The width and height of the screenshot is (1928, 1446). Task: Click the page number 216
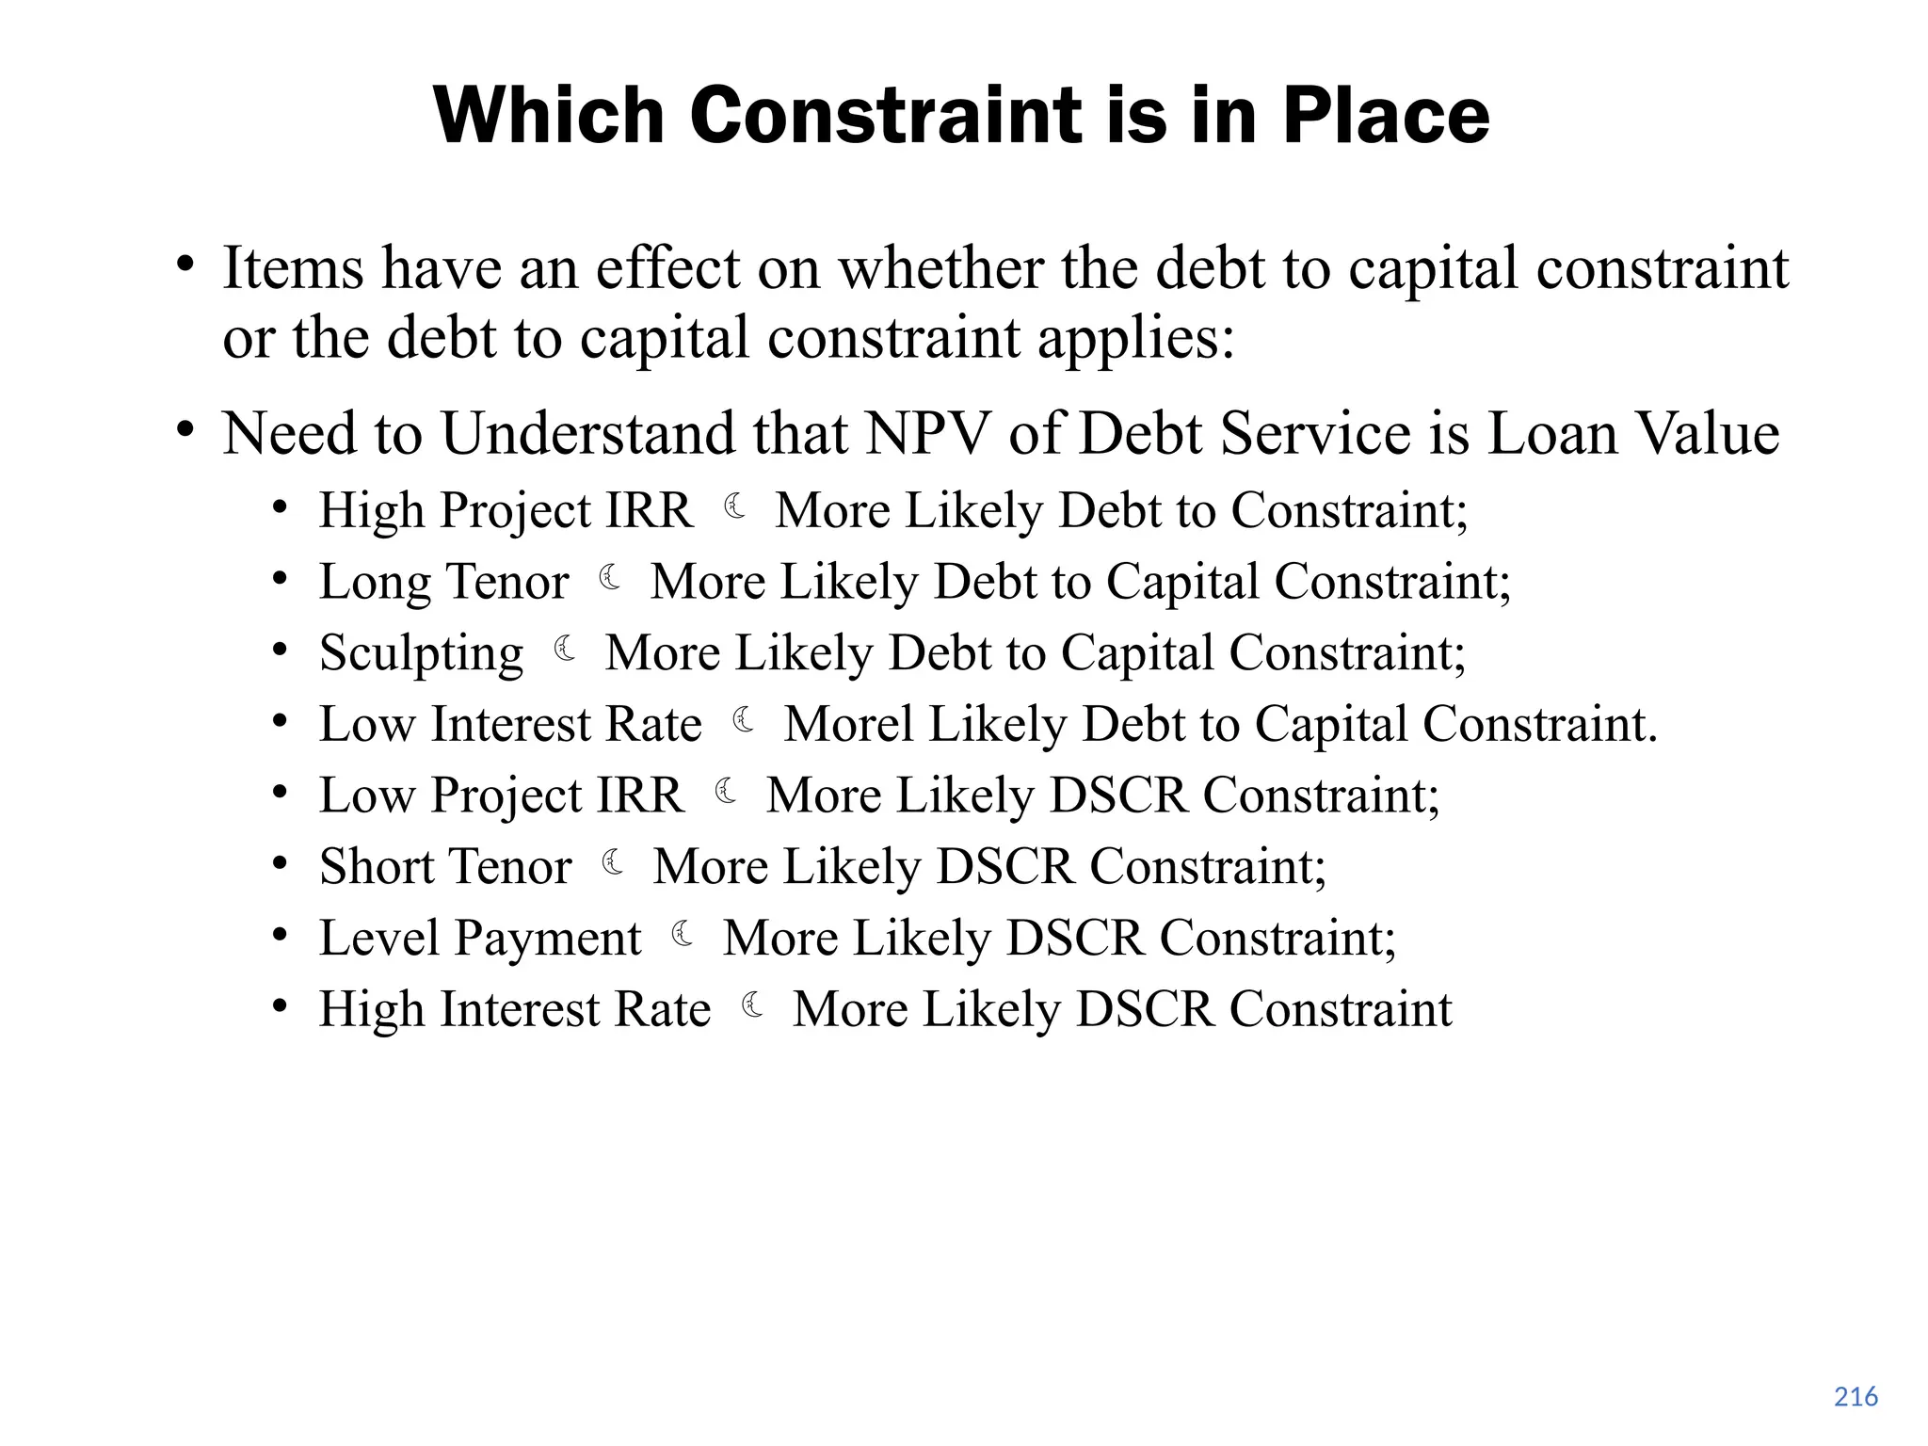[x=1856, y=1397]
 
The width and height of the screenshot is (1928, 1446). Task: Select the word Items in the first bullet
[x=293, y=269]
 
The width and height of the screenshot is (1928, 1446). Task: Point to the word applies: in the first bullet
[x=1135, y=339]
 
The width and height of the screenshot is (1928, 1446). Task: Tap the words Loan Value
[x=1633, y=435]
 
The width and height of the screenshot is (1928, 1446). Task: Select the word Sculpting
[x=421, y=653]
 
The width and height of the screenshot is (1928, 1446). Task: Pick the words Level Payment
[x=480, y=939]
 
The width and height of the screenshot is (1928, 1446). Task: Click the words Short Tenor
[x=445, y=867]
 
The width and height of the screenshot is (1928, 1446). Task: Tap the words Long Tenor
[x=444, y=582]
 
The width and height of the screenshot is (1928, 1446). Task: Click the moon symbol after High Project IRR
[x=735, y=508]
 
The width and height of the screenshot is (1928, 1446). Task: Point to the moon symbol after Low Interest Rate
[x=744, y=721]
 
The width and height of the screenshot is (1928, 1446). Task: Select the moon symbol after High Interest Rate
[x=753, y=1006]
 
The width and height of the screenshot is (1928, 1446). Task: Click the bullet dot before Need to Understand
[x=185, y=431]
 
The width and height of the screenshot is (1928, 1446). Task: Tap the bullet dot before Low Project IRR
[x=280, y=794]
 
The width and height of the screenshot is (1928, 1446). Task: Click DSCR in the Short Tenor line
[x=1004, y=867]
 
